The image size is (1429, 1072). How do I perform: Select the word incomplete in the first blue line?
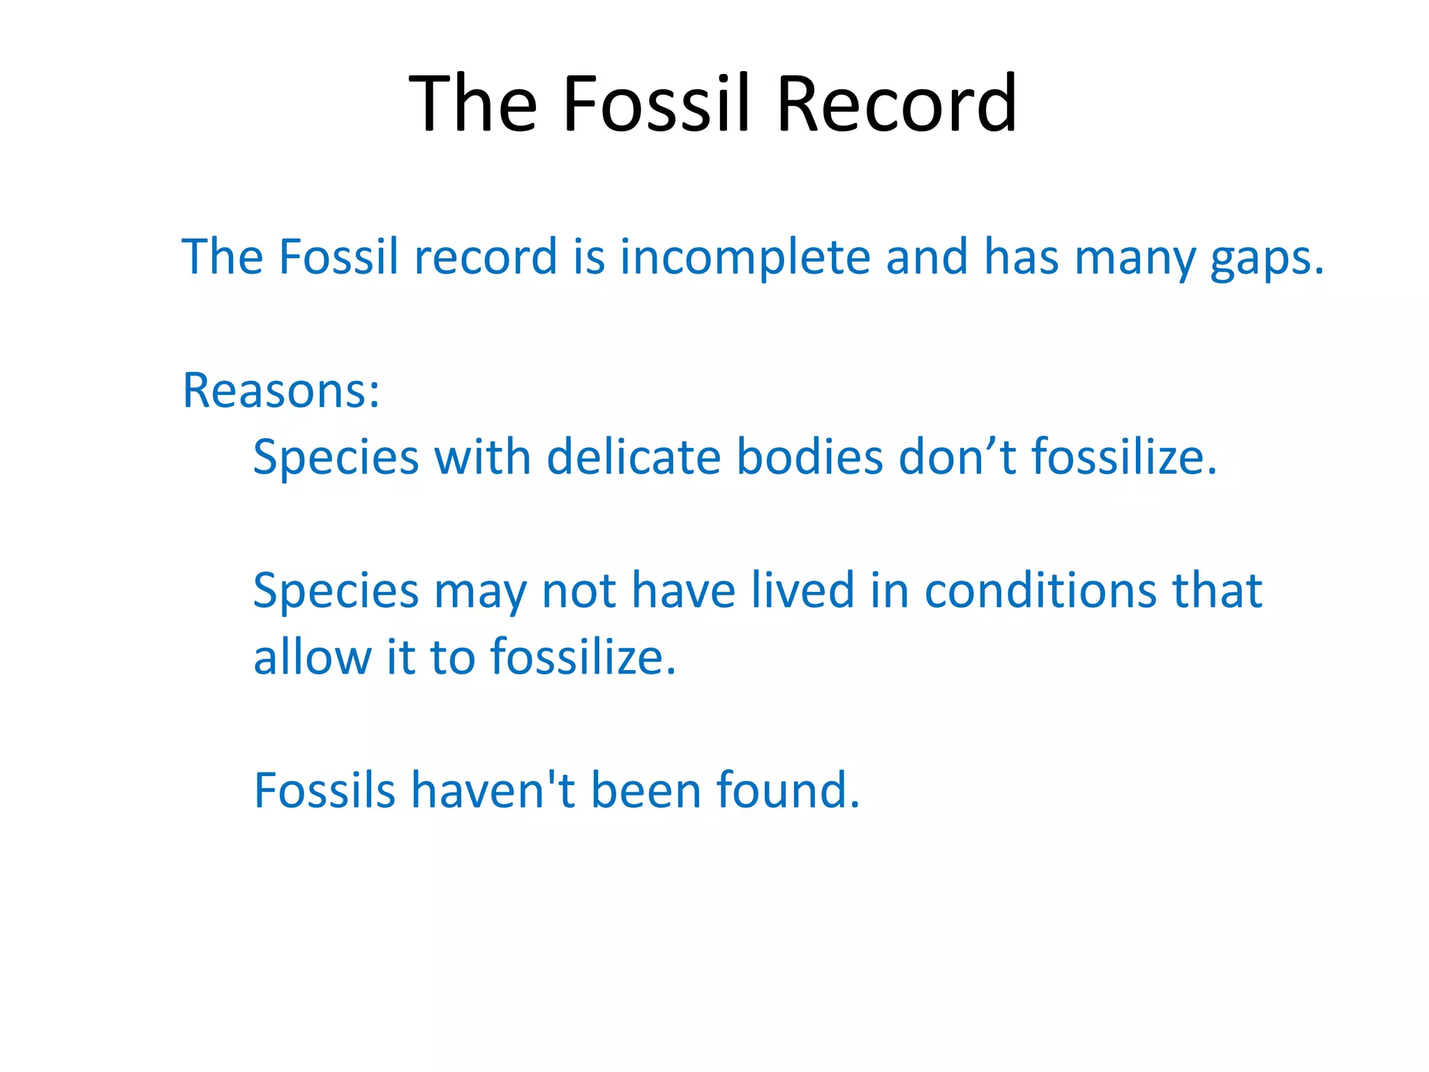[x=745, y=257]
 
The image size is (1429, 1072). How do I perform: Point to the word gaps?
[x=1266, y=258]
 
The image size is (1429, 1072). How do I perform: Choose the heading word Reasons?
[x=281, y=390]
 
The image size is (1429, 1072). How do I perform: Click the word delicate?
[x=634, y=457]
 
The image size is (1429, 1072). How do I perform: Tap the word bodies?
[x=810, y=457]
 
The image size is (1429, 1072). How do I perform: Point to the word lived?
[x=802, y=590]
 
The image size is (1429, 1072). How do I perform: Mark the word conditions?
[x=1040, y=590]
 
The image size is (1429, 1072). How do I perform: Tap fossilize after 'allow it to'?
[x=583, y=657]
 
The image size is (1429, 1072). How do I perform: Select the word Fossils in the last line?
[x=325, y=791]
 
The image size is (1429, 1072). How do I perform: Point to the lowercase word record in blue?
[x=486, y=257]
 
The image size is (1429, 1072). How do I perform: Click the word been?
[x=646, y=791]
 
